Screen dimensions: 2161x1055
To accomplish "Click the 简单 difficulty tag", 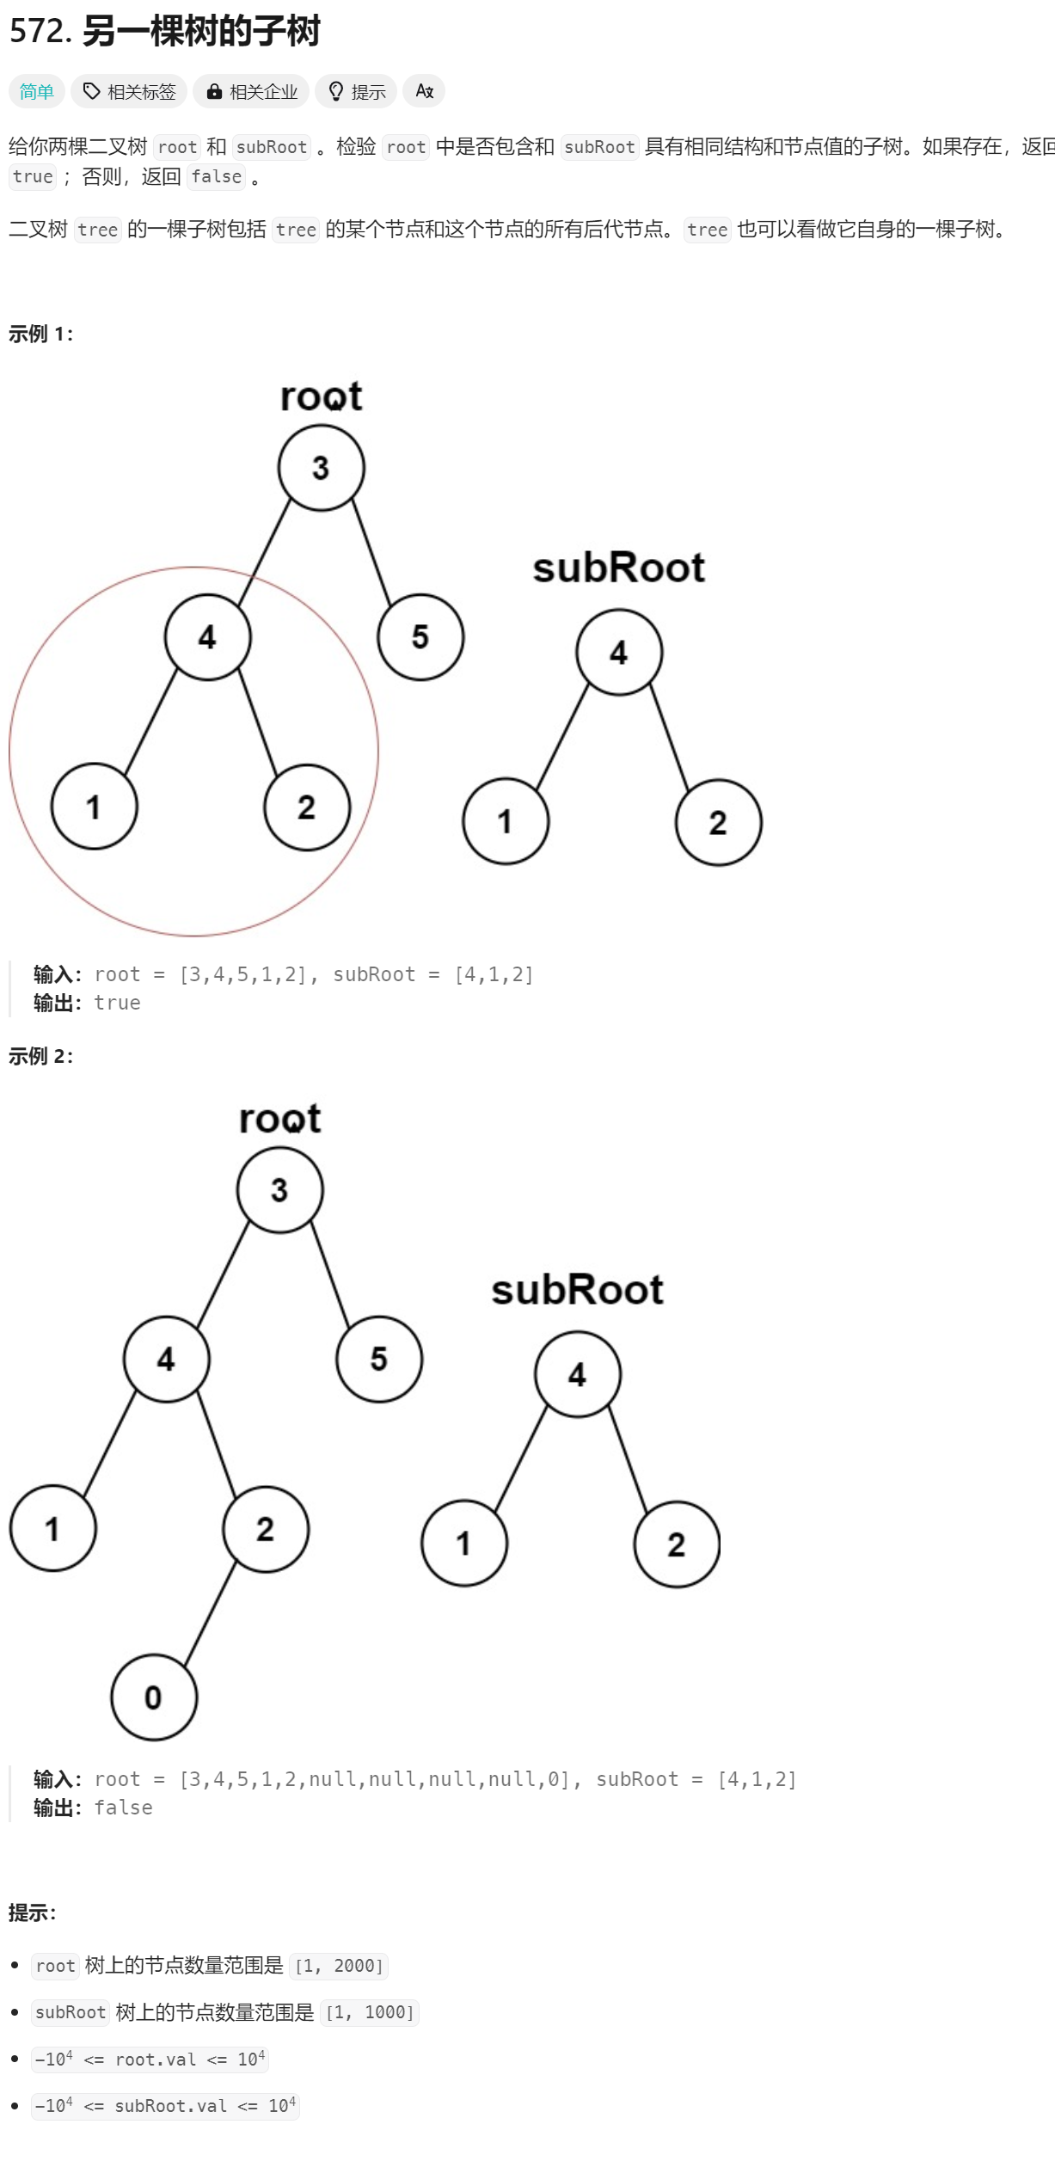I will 37,91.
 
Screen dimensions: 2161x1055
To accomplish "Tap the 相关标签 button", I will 129,91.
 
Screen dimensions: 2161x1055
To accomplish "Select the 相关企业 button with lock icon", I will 251,91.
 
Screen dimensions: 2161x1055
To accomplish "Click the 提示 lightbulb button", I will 356,91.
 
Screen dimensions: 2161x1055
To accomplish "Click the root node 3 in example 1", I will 321,468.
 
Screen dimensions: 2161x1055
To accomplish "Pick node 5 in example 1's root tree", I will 420,637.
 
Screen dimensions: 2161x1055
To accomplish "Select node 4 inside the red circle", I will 207,637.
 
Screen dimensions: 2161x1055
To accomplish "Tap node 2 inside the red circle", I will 307,807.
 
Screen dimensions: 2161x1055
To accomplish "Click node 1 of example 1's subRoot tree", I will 506,822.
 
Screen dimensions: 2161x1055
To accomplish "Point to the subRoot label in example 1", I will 618,568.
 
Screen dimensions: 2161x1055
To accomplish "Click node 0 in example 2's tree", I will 154,1697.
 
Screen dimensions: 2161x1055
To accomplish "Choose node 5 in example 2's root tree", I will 379,1360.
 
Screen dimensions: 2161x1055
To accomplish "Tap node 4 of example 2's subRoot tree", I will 577,1374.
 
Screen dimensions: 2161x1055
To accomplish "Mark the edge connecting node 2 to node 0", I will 211,1613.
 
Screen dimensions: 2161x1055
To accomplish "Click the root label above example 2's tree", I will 279,1119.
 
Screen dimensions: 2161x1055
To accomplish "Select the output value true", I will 117,1003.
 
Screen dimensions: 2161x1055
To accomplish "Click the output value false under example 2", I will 123,1808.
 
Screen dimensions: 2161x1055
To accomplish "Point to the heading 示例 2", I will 40,1056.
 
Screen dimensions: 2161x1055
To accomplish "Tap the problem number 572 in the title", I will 39,31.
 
